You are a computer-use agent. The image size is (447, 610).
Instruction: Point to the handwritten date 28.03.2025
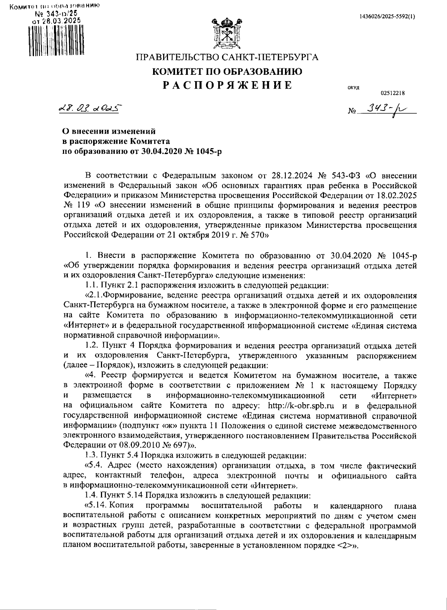tap(89, 108)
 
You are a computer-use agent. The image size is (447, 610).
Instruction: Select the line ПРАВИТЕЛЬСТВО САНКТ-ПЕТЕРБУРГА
tap(227, 58)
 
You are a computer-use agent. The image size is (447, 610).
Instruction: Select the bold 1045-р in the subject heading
tap(207, 151)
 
